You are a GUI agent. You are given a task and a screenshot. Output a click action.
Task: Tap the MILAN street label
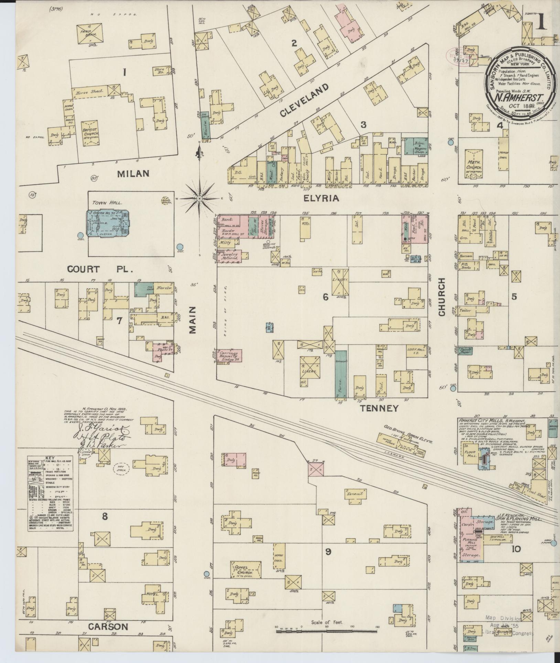[x=133, y=173]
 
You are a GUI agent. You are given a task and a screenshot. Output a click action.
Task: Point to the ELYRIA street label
[x=321, y=198]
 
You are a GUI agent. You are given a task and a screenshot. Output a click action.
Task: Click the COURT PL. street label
[x=100, y=269]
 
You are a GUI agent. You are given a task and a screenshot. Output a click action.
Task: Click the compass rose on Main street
[x=200, y=199]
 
